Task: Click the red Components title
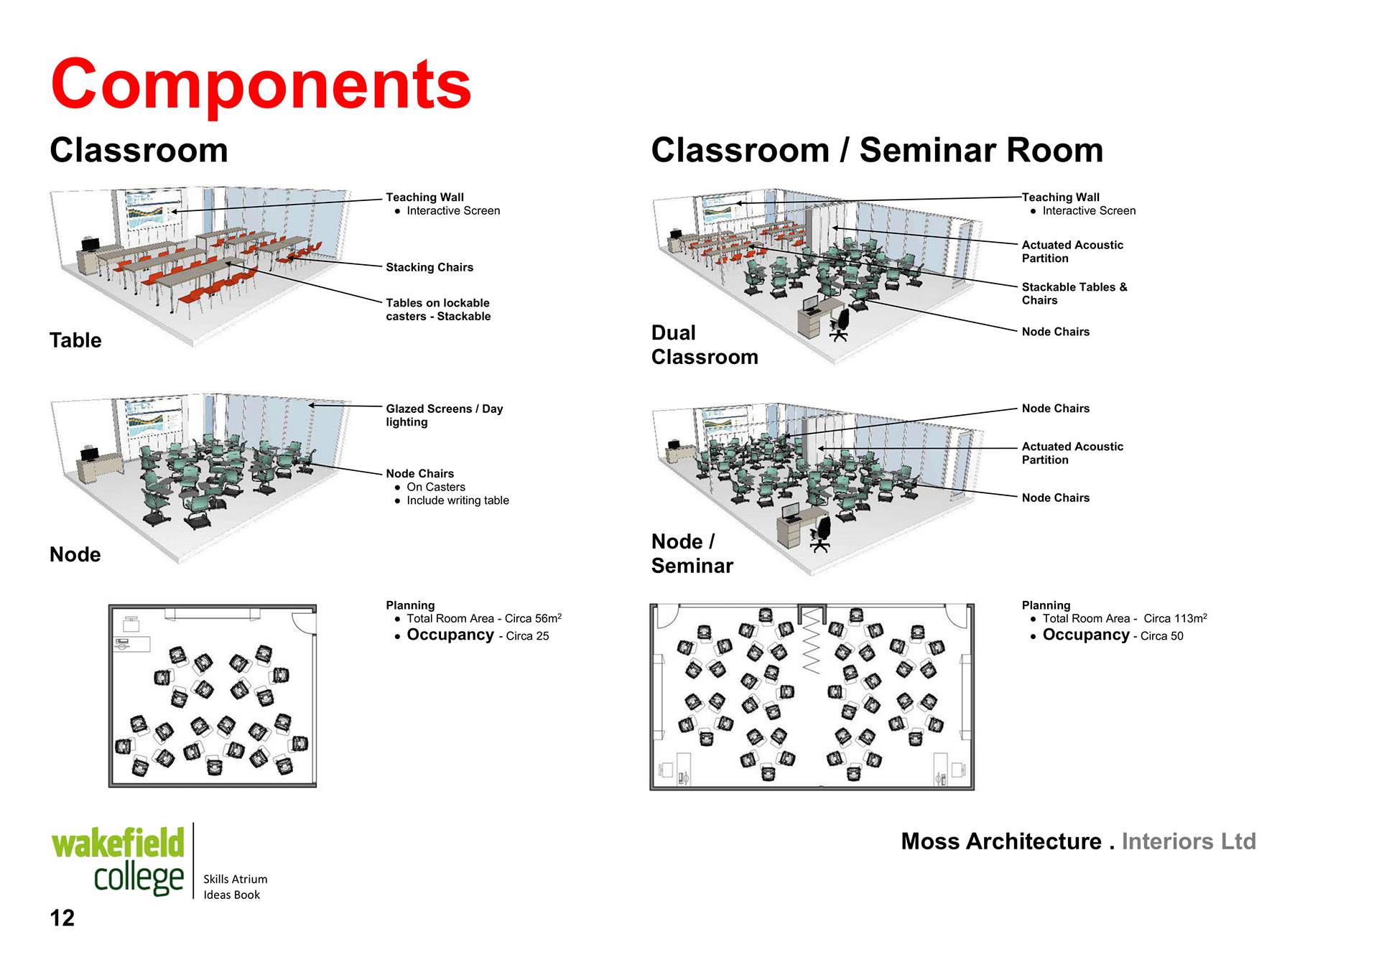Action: click(261, 85)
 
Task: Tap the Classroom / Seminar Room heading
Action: click(876, 151)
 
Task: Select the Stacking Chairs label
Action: click(430, 267)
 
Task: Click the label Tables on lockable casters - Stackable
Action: click(438, 309)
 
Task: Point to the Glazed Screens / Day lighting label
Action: click(444, 415)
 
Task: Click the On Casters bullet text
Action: click(435, 487)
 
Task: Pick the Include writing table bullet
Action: click(458, 500)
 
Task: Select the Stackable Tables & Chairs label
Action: click(1074, 294)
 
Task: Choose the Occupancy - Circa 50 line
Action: click(1113, 635)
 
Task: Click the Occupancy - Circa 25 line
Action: click(478, 635)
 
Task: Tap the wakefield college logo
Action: click(119, 860)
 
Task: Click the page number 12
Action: click(62, 918)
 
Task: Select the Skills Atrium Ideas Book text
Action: click(235, 887)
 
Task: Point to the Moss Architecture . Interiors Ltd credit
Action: click(1078, 841)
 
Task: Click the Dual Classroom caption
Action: click(704, 345)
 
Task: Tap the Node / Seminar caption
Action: click(692, 554)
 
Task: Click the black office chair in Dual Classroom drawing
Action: click(840, 324)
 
